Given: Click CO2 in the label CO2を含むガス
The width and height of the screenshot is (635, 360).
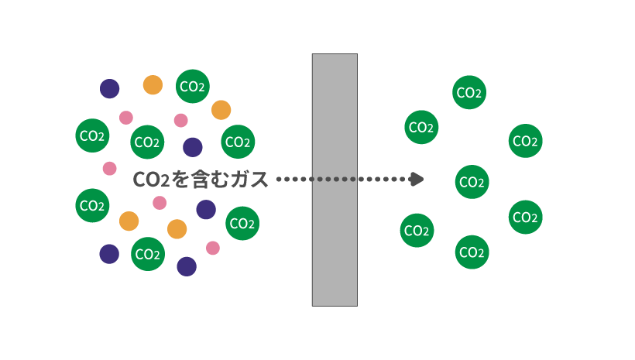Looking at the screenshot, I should click(152, 180).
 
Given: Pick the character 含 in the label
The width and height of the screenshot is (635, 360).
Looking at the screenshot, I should click(200, 180).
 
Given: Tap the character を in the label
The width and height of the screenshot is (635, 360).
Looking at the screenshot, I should click(180, 180).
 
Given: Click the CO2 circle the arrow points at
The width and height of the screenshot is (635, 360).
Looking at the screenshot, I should click(472, 182).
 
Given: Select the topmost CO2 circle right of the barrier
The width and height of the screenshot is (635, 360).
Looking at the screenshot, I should click(469, 93).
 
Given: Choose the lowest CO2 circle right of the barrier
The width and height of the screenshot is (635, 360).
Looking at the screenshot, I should click(472, 252).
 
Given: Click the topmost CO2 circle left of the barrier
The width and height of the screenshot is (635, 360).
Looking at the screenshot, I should click(193, 87).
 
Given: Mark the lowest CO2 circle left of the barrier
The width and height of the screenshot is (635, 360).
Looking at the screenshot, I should click(147, 253).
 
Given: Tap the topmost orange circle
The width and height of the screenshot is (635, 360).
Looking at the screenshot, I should click(153, 85).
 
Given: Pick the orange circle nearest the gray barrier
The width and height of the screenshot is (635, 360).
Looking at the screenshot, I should click(221, 110).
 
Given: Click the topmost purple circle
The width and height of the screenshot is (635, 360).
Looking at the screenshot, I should click(110, 88).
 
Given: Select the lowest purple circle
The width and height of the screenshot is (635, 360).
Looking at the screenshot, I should click(187, 266).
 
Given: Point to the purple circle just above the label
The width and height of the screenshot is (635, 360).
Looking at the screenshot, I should click(192, 147).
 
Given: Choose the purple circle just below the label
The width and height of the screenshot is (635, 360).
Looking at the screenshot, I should click(206, 209).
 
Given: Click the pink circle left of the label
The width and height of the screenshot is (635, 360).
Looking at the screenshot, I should click(110, 168).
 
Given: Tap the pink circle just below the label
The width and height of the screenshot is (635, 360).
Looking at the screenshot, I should click(160, 203).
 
